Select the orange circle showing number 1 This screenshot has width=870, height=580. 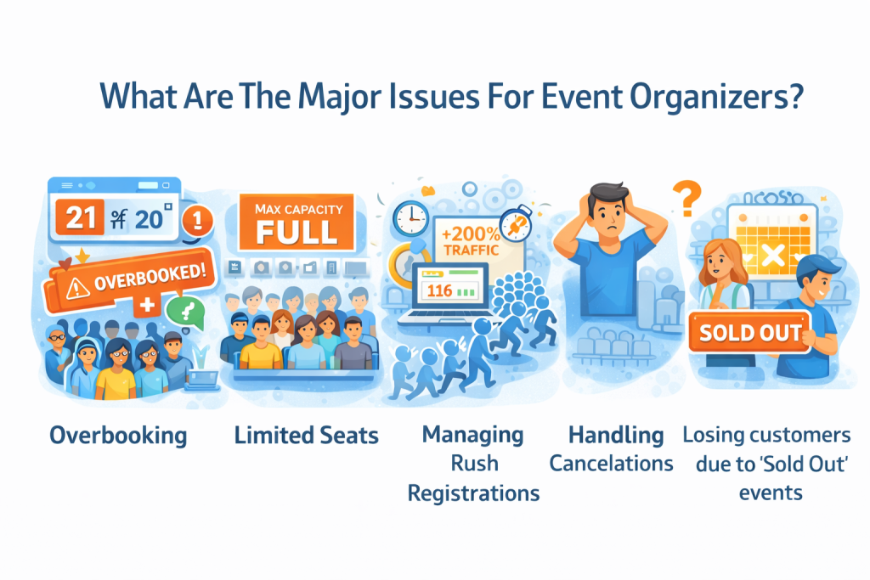[x=197, y=219]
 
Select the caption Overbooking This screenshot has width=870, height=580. [x=118, y=436]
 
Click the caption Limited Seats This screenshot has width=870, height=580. [x=306, y=436]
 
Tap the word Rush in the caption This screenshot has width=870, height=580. [x=474, y=464]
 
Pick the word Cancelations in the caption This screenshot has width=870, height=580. [x=612, y=464]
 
